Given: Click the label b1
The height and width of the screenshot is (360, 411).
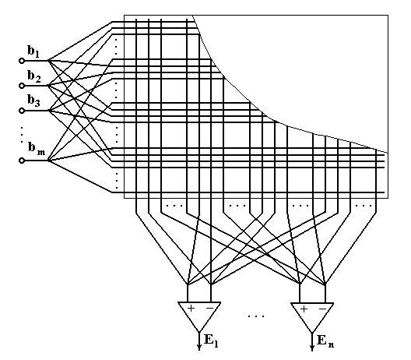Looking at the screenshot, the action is pyautogui.click(x=33, y=51).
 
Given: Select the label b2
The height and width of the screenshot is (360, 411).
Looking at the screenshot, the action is pyautogui.click(x=34, y=76).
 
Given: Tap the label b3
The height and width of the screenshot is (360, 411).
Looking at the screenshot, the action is pyautogui.click(x=33, y=101).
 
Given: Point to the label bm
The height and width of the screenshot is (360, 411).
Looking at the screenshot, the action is pyautogui.click(x=37, y=149).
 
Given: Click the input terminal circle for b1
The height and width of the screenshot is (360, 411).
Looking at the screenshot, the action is pyautogui.click(x=22, y=61).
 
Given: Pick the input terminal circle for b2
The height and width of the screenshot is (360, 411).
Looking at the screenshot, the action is pyautogui.click(x=22, y=86).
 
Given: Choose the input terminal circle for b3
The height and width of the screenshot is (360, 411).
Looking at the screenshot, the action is pyautogui.click(x=22, y=111).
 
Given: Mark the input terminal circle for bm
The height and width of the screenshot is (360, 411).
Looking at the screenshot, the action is pyautogui.click(x=22, y=161).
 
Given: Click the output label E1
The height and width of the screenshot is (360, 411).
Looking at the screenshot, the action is pyautogui.click(x=211, y=341).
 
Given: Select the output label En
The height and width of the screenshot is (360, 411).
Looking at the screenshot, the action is pyautogui.click(x=325, y=341).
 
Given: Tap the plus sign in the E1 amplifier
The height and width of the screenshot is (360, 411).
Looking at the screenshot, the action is pyautogui.click(x=191, y=308).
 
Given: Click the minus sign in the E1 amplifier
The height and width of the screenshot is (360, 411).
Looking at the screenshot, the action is pyautogui.click(x=210, y=308).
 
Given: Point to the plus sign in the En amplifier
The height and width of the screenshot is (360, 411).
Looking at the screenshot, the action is pyautogui.click(x=304, y=309).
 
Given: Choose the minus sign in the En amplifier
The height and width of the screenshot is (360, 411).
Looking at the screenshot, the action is pyautogui.click(x=323, y=309).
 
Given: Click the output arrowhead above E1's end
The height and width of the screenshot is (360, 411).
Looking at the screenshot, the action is pyautogui.click(x=199, y=348).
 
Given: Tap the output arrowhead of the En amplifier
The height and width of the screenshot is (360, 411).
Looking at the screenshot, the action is pyautogui.click(x=312, y=348).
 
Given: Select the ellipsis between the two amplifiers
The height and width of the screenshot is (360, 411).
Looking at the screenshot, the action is pyautogui.click(x=256, y=316).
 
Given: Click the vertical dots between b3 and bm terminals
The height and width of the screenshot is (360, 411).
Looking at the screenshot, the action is pyautogui.click(x=22, y=135).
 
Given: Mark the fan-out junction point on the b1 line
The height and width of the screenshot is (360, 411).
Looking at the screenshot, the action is pyautogui.click(x=48, y=61).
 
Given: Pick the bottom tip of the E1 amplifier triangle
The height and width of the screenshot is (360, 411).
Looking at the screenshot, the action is pyautogui.click(x=199, y=332).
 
